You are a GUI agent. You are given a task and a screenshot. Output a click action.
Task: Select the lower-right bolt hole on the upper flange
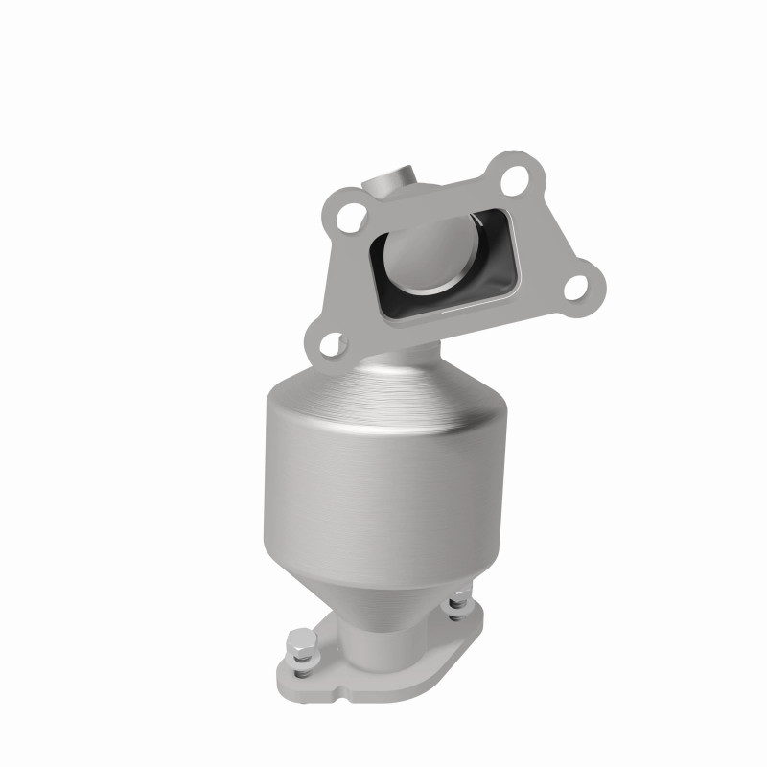coord(578,286)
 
